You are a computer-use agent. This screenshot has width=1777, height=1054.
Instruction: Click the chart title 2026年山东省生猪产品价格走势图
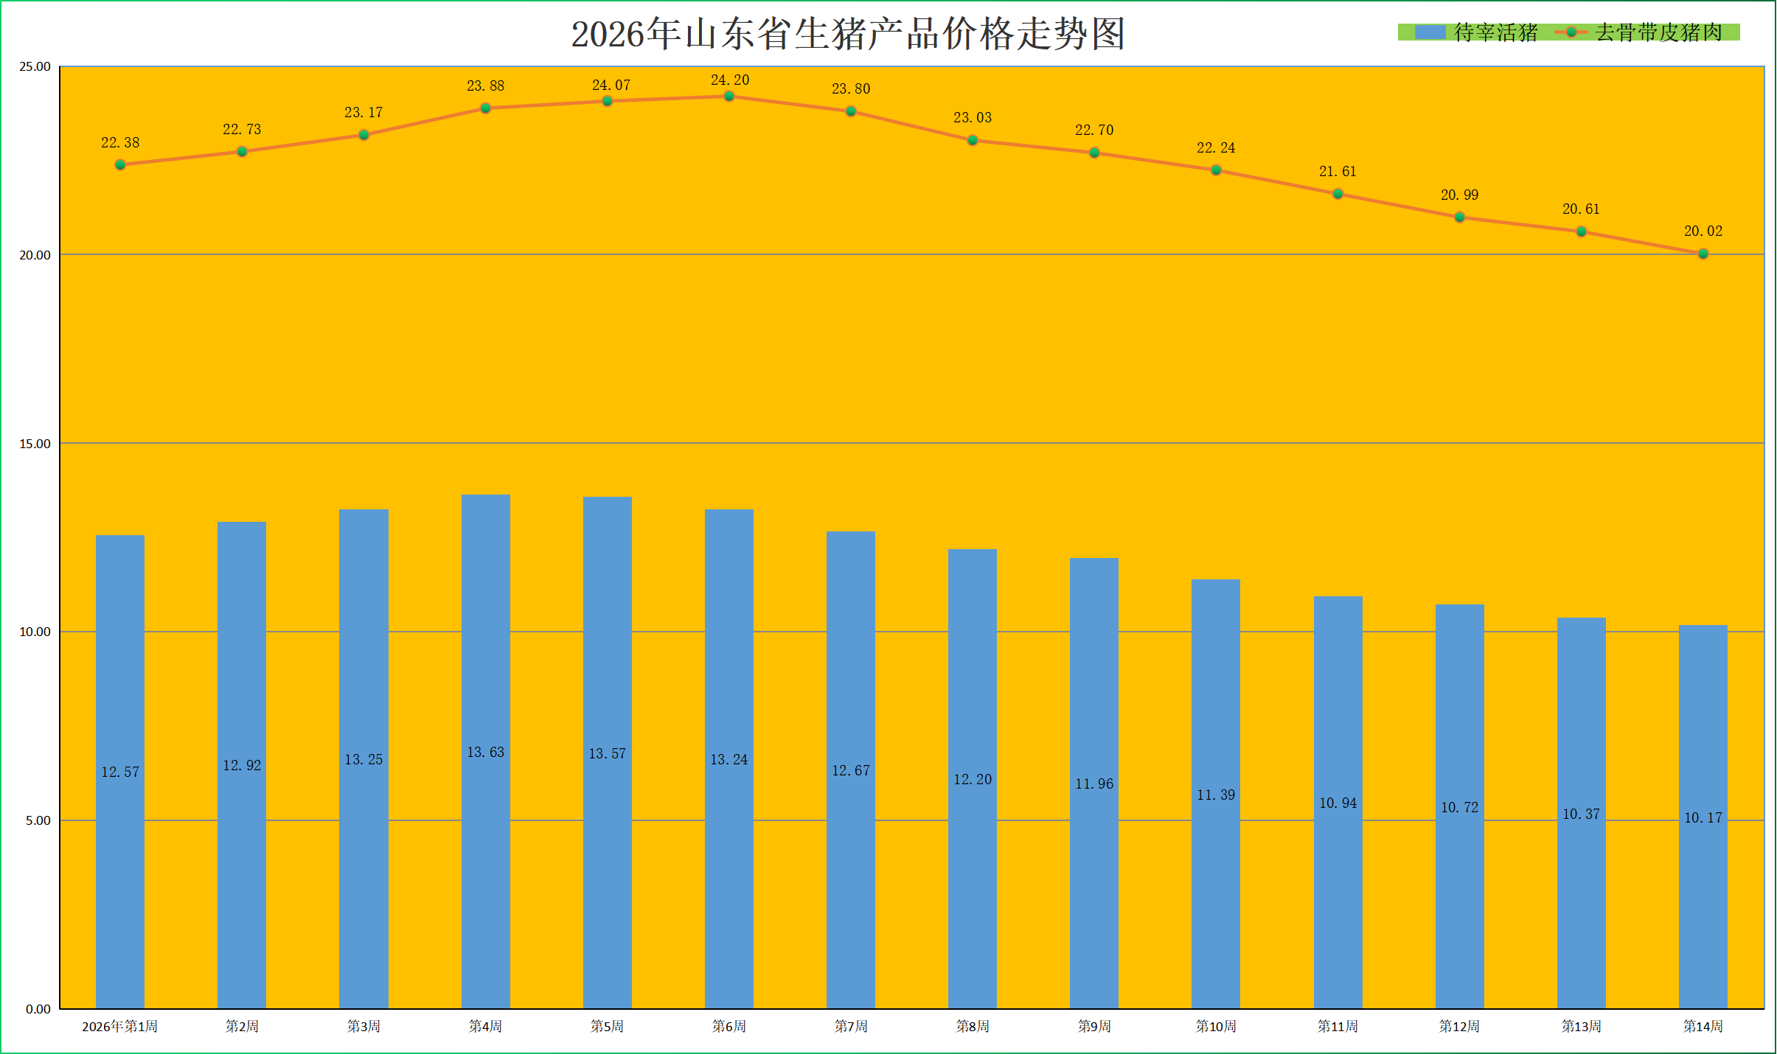tap(848, 34)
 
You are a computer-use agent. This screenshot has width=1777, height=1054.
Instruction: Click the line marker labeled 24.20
tap(728, 97)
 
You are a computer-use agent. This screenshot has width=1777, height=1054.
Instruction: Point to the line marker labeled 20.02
tap(1703, 254)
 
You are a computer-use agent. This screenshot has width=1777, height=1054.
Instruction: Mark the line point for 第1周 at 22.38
tap(120, 164)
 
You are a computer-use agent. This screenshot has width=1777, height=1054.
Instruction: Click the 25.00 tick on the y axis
tap(35, 67)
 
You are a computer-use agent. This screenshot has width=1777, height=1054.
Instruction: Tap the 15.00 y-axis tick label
tap(35, 444)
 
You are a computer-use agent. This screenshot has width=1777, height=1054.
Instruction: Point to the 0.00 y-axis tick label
tap(38, 1009)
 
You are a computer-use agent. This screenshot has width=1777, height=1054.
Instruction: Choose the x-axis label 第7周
tap(851, 1026)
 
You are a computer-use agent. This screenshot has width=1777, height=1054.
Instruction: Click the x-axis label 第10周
tap(1216, 1026)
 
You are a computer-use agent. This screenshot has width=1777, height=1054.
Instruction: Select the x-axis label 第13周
tap(1581, 1026)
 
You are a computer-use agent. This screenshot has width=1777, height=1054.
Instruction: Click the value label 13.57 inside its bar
tap(607, 753)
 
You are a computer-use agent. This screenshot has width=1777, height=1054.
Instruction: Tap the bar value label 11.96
tap(1094, 783)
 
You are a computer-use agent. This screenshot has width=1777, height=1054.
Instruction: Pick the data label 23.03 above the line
tap(973, 117)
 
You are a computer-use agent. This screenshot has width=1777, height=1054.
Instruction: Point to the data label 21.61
tap(1338, 171)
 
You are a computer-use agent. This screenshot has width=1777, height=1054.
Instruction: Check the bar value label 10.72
tap(1459, 807)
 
